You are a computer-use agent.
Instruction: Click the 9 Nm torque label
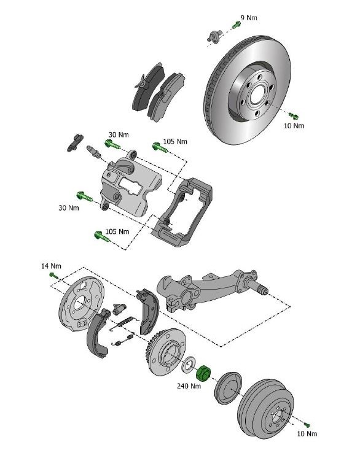tap(249, 18)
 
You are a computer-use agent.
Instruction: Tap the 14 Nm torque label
tap(52, 266)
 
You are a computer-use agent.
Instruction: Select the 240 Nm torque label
tap(189, 386)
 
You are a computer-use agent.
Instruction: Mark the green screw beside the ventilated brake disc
tap(293, 115)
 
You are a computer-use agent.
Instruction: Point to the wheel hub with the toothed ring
tap(164, 355)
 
